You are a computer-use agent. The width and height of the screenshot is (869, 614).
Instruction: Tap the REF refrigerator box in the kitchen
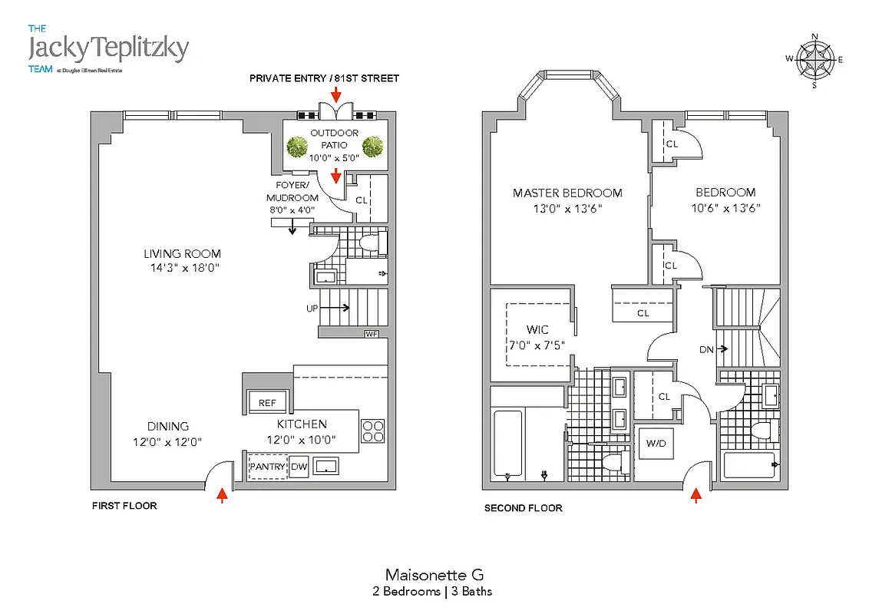pos(266,403)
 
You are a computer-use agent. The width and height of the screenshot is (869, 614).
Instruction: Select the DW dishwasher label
pos(299,467)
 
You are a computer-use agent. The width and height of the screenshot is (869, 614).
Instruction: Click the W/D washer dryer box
pos(656,443)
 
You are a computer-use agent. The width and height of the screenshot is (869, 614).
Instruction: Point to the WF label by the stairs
pos(372,334)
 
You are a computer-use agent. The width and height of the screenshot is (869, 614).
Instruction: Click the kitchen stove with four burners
pos(372,431)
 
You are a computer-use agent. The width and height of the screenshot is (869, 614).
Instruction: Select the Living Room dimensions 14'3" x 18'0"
pos(182,269)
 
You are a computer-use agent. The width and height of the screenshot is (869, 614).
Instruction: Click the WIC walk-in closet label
pos(538,330)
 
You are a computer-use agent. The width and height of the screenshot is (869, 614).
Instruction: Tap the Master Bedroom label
pos(567,193)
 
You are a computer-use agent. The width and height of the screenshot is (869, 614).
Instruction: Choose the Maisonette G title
pos(434,574)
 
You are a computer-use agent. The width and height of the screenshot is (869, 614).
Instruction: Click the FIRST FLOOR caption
pos(124,507)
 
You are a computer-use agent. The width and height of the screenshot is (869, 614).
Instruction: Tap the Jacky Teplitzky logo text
pos(107,48)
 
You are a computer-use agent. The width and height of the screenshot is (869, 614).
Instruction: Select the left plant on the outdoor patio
pos(295,146)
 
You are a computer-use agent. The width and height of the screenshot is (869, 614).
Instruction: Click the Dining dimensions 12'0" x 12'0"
pos(168,441)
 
